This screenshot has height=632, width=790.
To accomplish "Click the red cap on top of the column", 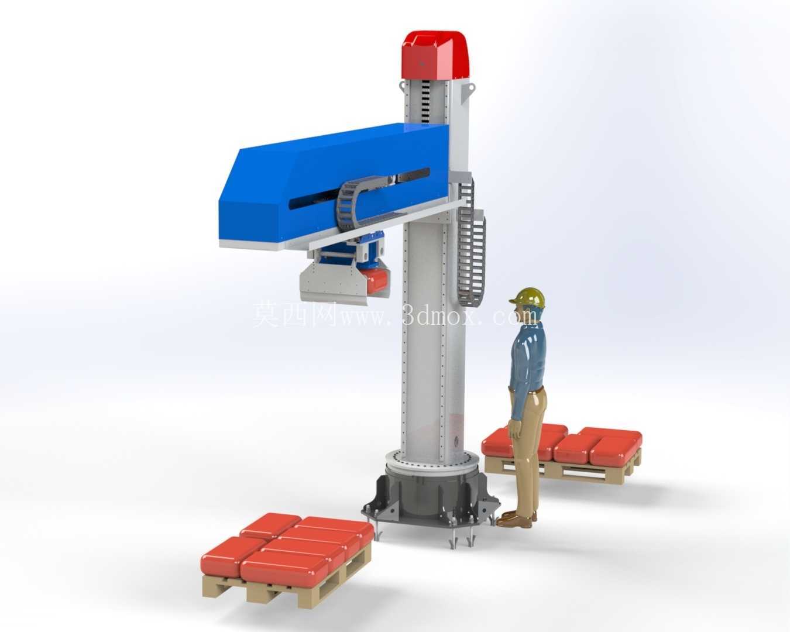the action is [436, 55].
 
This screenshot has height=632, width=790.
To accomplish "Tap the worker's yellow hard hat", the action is [528, 298].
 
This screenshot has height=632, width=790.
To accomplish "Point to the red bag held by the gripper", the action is [374, 281].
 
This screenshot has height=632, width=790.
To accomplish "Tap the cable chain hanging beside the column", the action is [471, 242].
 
